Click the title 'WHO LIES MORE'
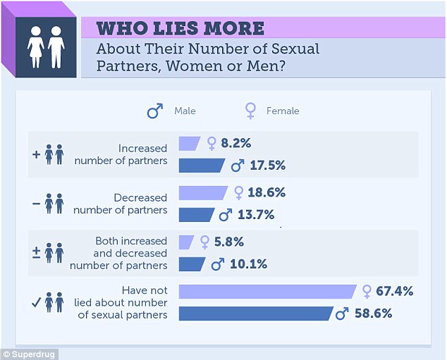tap(180, 28)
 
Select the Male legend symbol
tap(154, 111)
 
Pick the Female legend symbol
tap(250, 111)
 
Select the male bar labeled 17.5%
tap(202, 166)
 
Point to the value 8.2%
tap(236, 143)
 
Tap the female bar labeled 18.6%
tap(204, 192)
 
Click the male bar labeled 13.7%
tap(197, 214)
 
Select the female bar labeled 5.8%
tap(187, 242)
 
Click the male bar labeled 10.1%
tap(192, 263)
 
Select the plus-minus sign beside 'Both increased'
tap(36, 252)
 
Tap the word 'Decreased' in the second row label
tap(141, 198)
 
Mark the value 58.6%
tap(372, 313)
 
